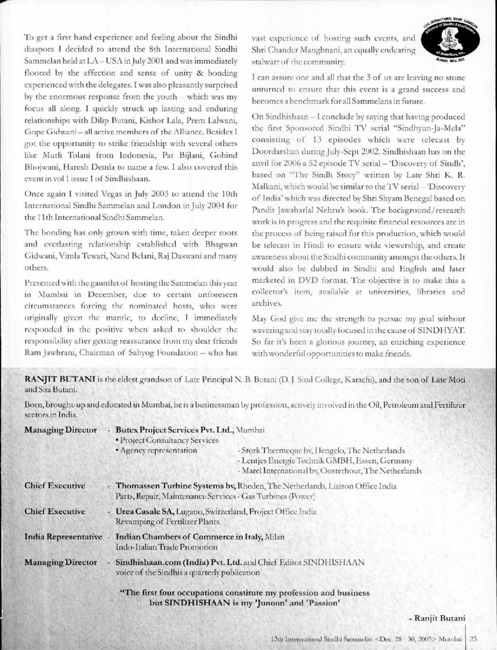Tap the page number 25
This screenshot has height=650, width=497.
(x=472, y=638)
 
